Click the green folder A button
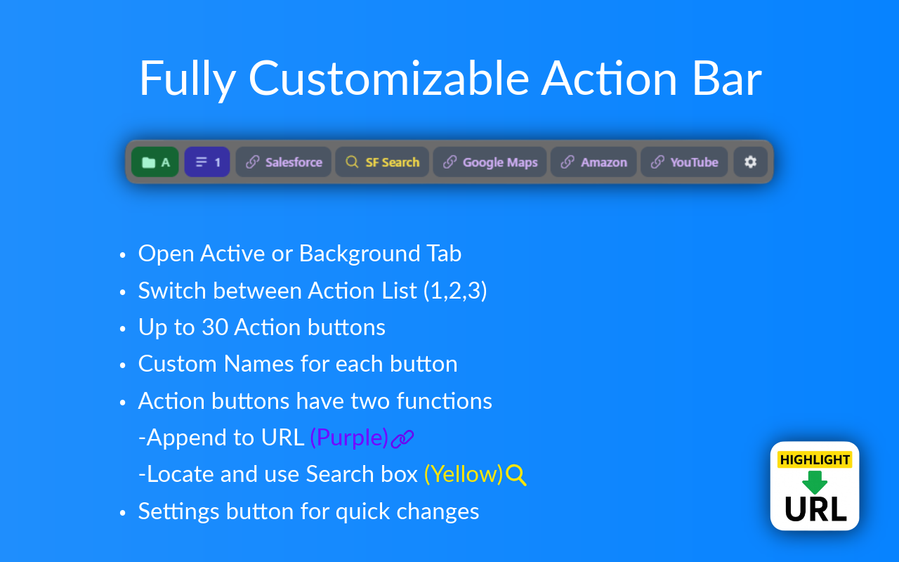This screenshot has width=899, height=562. click(x=155, y=162)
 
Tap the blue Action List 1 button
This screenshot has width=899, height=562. click(x=207, y=162)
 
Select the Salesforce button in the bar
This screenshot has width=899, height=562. click(x=283, y=162)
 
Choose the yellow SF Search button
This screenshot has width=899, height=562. click(x=382, y=162)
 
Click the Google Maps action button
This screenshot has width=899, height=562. click(x=490, y=162)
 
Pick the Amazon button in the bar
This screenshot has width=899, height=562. click(x=593, y=162)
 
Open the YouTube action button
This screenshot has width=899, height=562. click(x=684, y=162)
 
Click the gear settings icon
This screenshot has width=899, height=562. click(x=750, y=162)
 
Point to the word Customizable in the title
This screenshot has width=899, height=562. click(x=388, y=78)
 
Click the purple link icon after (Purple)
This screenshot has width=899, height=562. click(x=402, y=439)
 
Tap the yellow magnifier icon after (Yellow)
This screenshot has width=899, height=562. click(x=516, y=476)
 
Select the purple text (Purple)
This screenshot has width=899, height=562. click(x=349, y=438)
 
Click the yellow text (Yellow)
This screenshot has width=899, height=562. click(x=464, y=474)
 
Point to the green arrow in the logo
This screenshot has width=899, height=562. click(x=815, y=483)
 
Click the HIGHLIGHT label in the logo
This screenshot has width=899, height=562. click(x=815, y=460)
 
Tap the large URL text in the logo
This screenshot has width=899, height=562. click(x=815, y=509)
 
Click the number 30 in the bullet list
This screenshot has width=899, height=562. click(x=214, y=327)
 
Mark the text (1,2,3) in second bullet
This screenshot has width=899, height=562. click(x=455, y=291)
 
